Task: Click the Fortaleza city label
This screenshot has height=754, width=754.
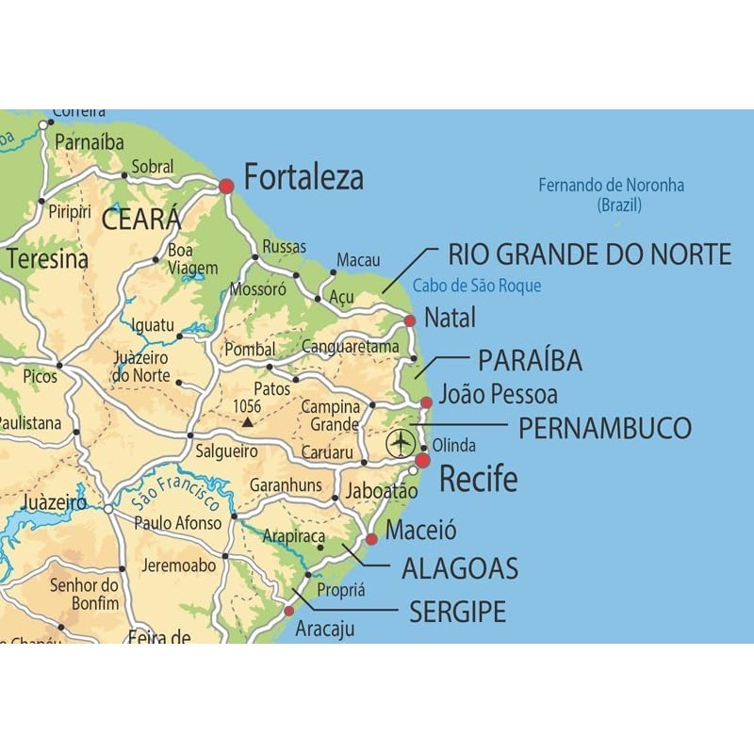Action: click(303, 177)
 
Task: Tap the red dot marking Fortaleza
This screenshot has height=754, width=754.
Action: click(226, 187)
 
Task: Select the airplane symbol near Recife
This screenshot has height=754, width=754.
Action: click(401, 441)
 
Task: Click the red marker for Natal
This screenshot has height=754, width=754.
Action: click(409, 321)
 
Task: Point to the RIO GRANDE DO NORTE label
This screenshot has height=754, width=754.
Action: click(589, 254)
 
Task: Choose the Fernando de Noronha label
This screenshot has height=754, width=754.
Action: click(611, 194)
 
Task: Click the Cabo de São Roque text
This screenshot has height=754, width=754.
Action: click(477, 286)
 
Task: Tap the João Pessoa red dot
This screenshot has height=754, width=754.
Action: click(426, 402)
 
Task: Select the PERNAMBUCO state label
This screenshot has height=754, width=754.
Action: click(604, 428)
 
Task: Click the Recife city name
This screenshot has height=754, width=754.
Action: click(479, 479)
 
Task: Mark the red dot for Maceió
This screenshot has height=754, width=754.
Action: click(371, 539)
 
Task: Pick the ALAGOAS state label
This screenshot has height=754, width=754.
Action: click(460, 568)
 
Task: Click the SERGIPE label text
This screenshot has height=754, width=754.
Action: click(457, 612)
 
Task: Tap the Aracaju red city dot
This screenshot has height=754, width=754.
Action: click(289, 611)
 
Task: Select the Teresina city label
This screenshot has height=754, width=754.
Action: click(47, 259)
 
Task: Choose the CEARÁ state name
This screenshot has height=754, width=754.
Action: click(139, 220)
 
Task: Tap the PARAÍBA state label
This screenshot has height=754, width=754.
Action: click(530, 360)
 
